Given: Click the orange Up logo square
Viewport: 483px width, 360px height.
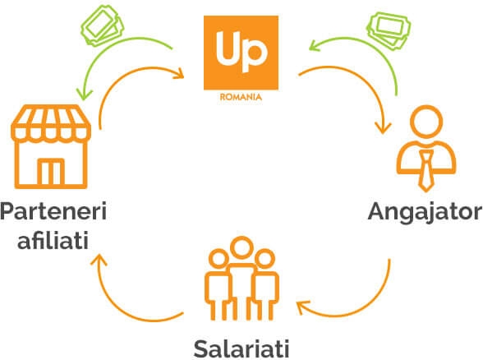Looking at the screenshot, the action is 241,53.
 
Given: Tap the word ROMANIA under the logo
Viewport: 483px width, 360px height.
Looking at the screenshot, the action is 241,97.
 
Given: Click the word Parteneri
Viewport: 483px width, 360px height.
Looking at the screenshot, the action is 53,211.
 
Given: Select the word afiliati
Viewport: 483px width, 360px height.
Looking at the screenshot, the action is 53,239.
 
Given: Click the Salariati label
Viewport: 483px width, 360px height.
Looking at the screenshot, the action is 241,348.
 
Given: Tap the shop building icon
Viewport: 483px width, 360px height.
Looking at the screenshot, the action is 51,146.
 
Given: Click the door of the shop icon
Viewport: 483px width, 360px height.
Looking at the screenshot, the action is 51,171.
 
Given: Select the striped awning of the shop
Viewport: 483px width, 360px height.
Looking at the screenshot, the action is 51,123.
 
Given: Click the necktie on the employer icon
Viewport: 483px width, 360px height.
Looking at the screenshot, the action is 426,171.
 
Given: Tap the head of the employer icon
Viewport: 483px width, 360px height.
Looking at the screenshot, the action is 426,122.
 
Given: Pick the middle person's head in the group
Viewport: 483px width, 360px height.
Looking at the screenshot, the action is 241,247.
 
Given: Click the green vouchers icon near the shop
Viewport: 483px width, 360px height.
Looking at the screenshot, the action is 102,25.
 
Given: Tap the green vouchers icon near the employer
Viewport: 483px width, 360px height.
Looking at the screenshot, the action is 389,30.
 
